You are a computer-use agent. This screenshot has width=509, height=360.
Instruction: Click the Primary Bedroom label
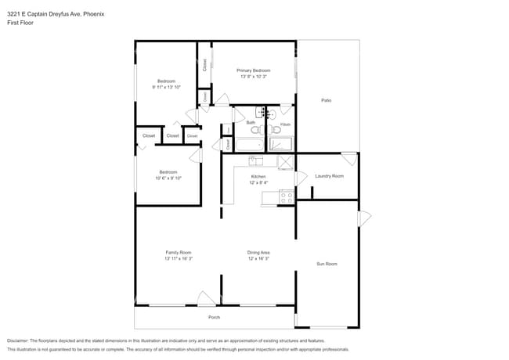(x=253, y=70)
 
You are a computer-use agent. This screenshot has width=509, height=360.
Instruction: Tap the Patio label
(x=326, y=100)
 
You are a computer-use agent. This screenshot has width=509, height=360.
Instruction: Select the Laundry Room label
(x=329, y=176)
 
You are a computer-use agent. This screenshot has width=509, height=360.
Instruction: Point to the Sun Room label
(x=327, y=264)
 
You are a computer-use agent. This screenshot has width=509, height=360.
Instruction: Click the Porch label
(x=214, y=317)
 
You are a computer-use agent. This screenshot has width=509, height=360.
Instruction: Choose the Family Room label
(x=179, y=252)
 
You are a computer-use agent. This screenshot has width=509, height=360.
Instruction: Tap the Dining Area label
(x=258, y=252)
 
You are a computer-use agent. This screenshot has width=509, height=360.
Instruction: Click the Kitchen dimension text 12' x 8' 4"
(x=258, y=182)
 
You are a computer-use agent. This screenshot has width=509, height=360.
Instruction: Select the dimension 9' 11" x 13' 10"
(x=167, y=87)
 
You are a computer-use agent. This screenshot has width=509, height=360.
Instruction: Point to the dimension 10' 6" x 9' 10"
(x=168, y=178)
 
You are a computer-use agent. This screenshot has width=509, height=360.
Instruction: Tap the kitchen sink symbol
(x=257, y=161)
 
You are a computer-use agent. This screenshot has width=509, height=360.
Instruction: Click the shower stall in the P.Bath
(x=280, y=144)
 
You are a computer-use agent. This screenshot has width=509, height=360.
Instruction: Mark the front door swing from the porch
(x=207, y=298)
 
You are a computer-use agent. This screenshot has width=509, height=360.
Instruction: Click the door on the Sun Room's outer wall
(x=364, y=217)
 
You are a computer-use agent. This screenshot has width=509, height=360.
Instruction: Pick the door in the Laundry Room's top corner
(x=349, y=159)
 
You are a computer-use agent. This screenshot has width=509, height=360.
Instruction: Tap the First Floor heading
(x=20, y=23)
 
